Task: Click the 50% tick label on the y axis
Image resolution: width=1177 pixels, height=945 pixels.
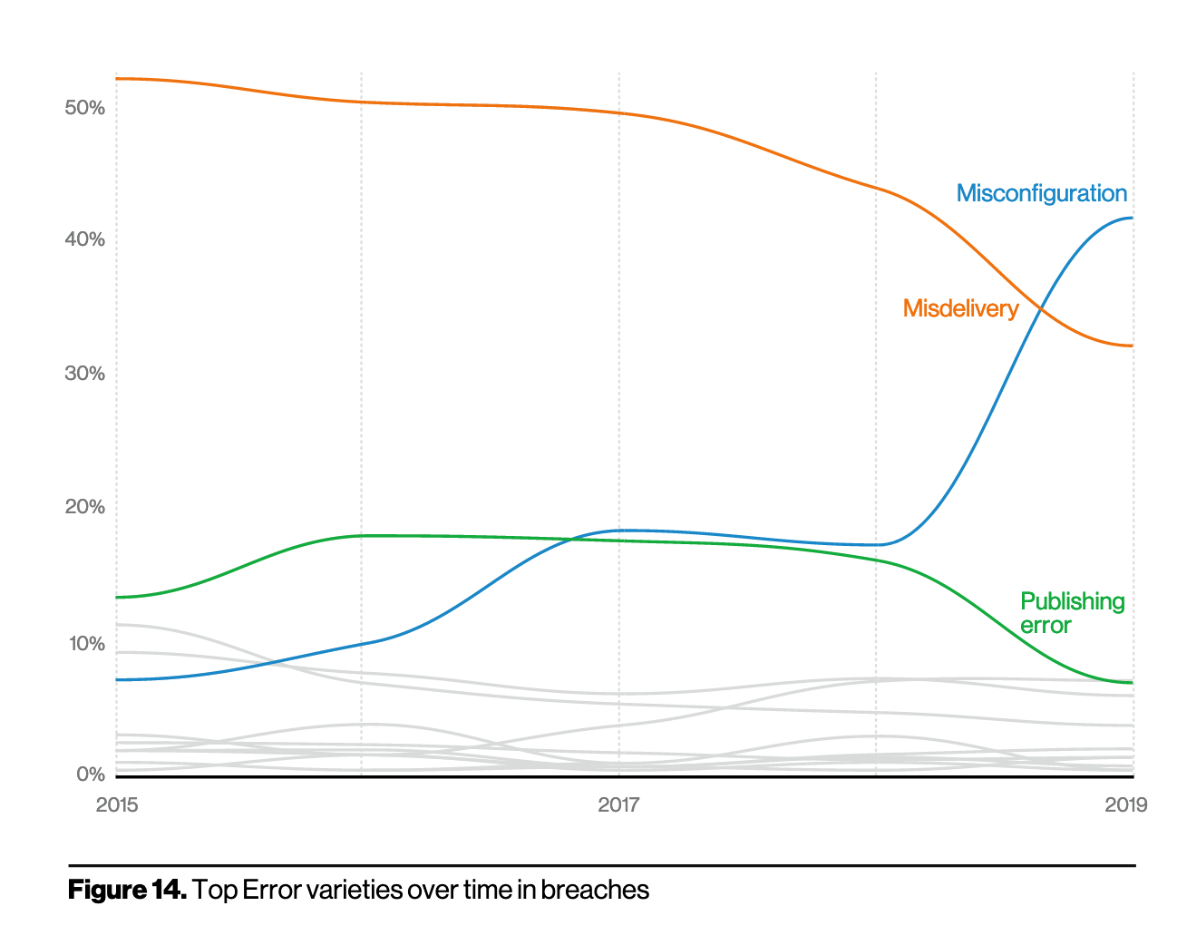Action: tap(84, 108)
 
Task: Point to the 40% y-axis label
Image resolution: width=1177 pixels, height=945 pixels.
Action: tap(84, 239)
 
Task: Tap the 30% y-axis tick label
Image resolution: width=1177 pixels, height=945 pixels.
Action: tap(84, 374)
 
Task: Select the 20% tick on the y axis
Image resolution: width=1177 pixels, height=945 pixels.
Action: tap(84, 507)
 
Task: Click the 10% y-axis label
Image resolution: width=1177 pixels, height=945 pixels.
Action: tap(86, 644)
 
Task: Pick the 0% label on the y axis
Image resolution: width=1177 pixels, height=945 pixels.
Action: tap(90, 775)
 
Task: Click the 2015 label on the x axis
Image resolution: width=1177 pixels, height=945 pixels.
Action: tap(117, 804)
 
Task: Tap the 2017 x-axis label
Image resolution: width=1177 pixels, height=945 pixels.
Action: tap(618, 804)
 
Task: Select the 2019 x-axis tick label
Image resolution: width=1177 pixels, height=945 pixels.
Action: tap(1125, 804)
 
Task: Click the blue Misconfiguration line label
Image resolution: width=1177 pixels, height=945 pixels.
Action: tap(1041, 193)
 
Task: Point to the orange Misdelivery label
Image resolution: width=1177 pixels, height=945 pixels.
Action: tap(960, 308)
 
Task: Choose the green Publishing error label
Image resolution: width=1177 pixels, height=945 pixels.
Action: tap(1071, 613)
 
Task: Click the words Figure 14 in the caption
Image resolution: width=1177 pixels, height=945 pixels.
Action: tap(127, 890)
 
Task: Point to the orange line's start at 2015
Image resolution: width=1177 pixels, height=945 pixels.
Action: tap(117, 79)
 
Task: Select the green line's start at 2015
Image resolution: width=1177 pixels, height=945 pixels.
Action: tap(117, 598)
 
